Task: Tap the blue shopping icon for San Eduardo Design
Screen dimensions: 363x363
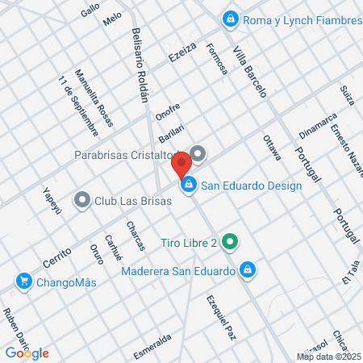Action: click(188, 186)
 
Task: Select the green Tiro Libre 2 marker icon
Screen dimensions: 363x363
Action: click(230, 241)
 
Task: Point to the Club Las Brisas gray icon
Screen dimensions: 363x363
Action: click(82, 199)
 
